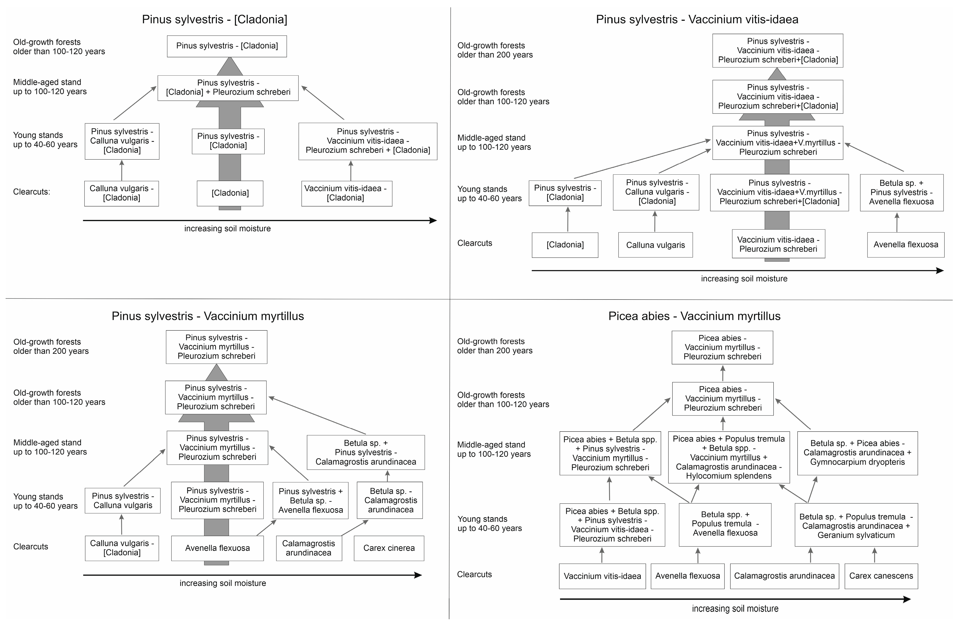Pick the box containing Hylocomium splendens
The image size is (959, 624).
click(728, 457)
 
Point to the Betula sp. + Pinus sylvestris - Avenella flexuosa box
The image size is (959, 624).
click(901, 192)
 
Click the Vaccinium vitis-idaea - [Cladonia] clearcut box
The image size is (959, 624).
click(346, 193)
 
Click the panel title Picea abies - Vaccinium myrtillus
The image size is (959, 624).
click(694, 316)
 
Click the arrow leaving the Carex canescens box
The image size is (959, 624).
click(874, 555)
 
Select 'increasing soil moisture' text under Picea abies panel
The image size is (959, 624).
click(735, 609)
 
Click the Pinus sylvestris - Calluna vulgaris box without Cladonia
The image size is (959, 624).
click(123, 501)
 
